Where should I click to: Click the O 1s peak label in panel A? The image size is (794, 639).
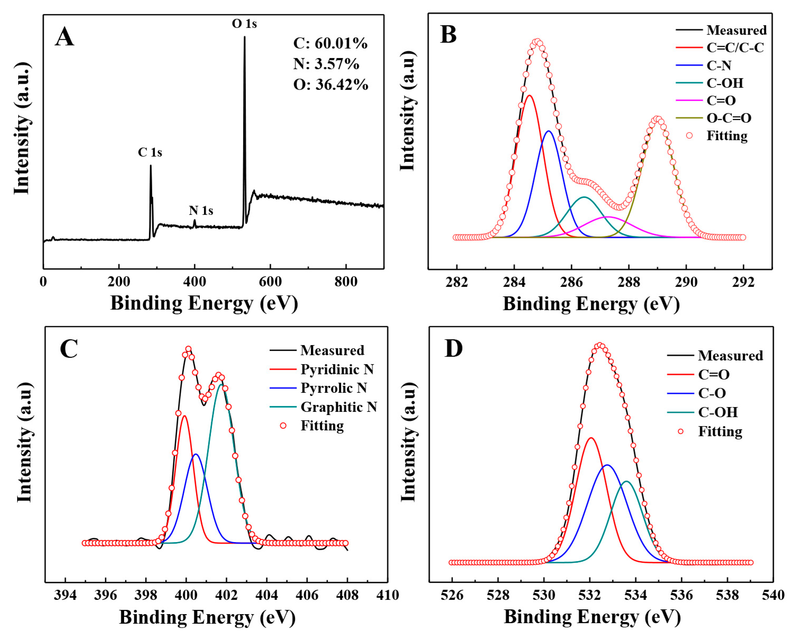[x=244, y=24]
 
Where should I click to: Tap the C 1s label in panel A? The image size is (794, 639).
[x=150, y=152]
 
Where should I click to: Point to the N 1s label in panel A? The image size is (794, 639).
[x=201, y=210]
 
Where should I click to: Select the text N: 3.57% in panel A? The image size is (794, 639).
[x=326, y=64]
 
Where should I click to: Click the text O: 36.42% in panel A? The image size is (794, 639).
[x=331, y=84]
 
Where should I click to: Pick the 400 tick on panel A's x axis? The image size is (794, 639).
[x=194, y=282]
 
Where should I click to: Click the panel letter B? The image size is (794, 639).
[x=448, y=35]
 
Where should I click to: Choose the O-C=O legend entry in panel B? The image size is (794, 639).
[x=728, y=118]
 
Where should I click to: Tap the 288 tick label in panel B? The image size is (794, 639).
[x=629, y=282]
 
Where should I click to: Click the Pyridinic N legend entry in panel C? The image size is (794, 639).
[x=337, y=369]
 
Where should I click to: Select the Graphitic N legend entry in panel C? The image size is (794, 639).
[x=338, y=407]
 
